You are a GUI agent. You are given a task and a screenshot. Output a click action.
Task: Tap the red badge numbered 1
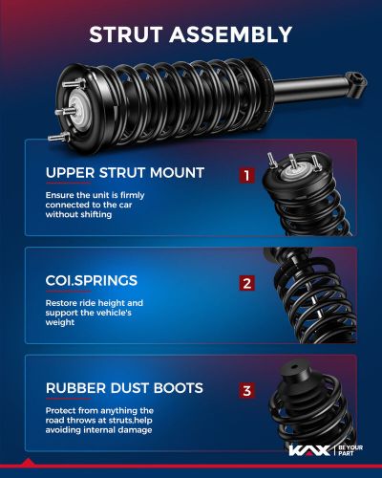coord(246,176)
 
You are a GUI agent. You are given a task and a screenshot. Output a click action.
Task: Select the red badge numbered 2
coord(246,283)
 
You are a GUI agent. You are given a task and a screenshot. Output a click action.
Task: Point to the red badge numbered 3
coord(246,390)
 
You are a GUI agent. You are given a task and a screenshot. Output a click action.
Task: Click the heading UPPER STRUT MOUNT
coord(124,173)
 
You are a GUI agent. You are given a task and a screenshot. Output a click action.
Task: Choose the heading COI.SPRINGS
coord(92,281)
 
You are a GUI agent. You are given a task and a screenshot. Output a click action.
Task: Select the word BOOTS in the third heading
coord(177,388)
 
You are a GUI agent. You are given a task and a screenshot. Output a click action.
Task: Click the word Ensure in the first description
coord(60,195)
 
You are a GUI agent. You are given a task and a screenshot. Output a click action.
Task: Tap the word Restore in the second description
coord(62,303)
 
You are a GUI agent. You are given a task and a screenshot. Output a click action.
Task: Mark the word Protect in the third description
coord(62,409)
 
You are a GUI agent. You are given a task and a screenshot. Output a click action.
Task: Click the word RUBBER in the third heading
coord(74,388)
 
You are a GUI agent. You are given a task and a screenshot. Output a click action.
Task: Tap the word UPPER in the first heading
coord(69,173)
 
